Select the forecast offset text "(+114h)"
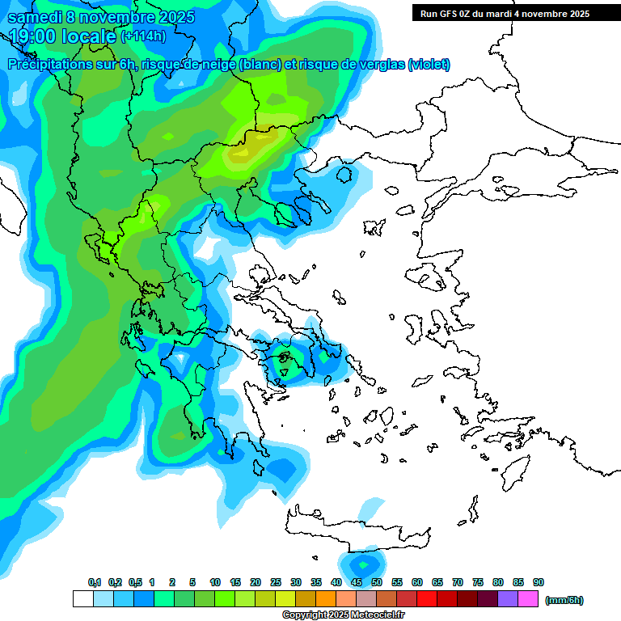pos(145,36)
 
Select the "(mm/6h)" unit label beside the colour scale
pos(564,600)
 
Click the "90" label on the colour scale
pos(539,582)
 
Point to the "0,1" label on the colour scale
pos(95,582)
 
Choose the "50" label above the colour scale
pos(377,582)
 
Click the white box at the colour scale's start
pos(82,599)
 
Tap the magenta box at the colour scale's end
pos(528,599)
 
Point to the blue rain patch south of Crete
pos(363,563)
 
